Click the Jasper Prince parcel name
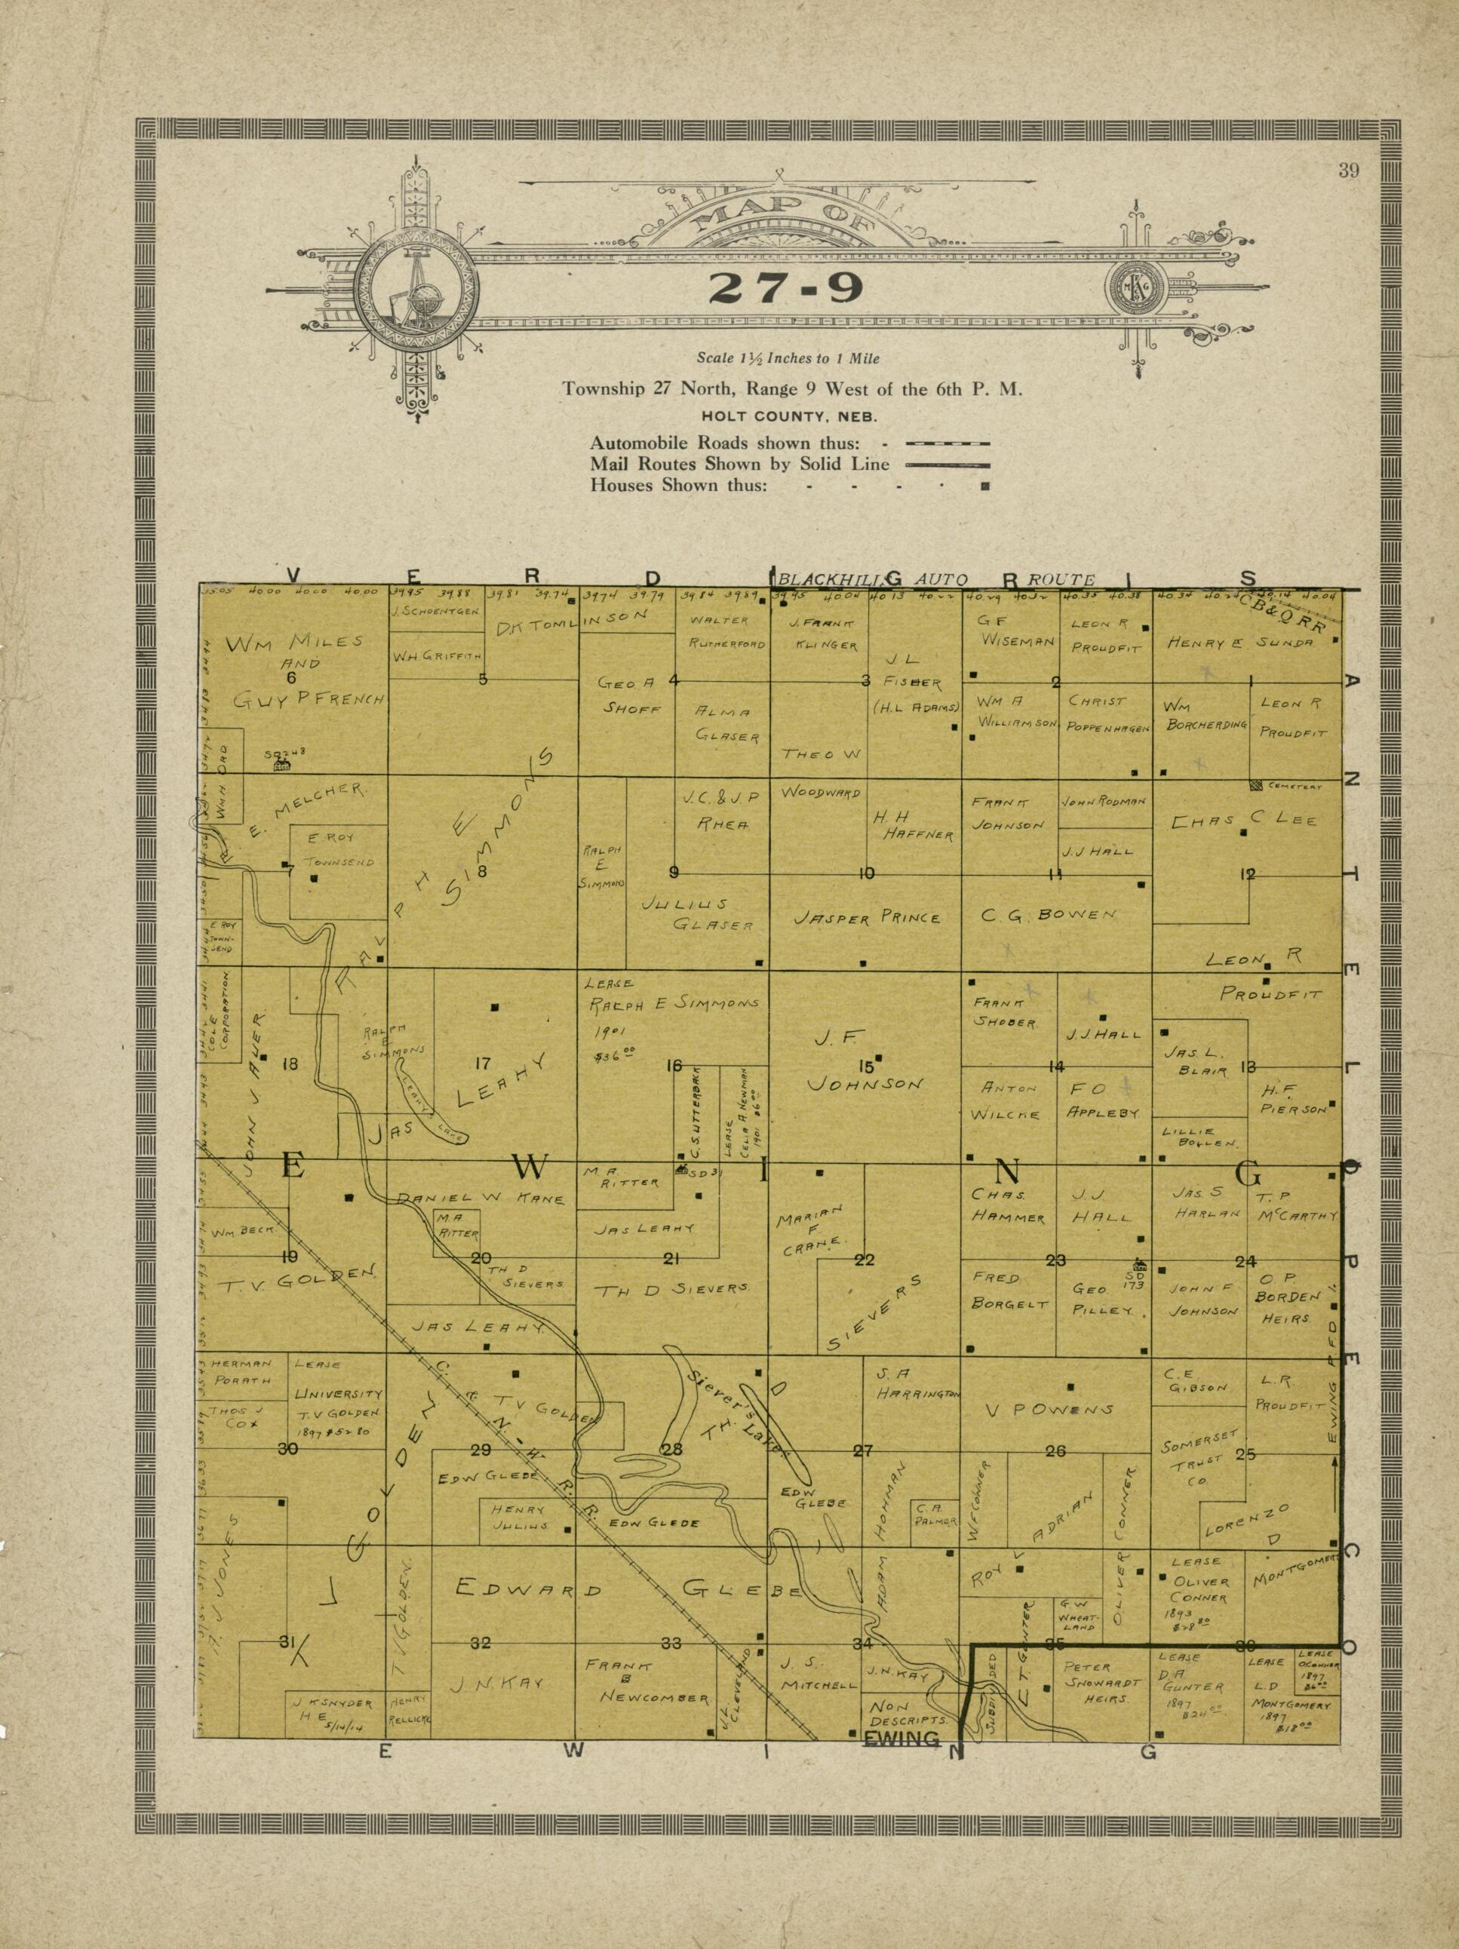point(867,917)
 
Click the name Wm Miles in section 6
point(294,643)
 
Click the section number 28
point(672,1450)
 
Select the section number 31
point(287,1641)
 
